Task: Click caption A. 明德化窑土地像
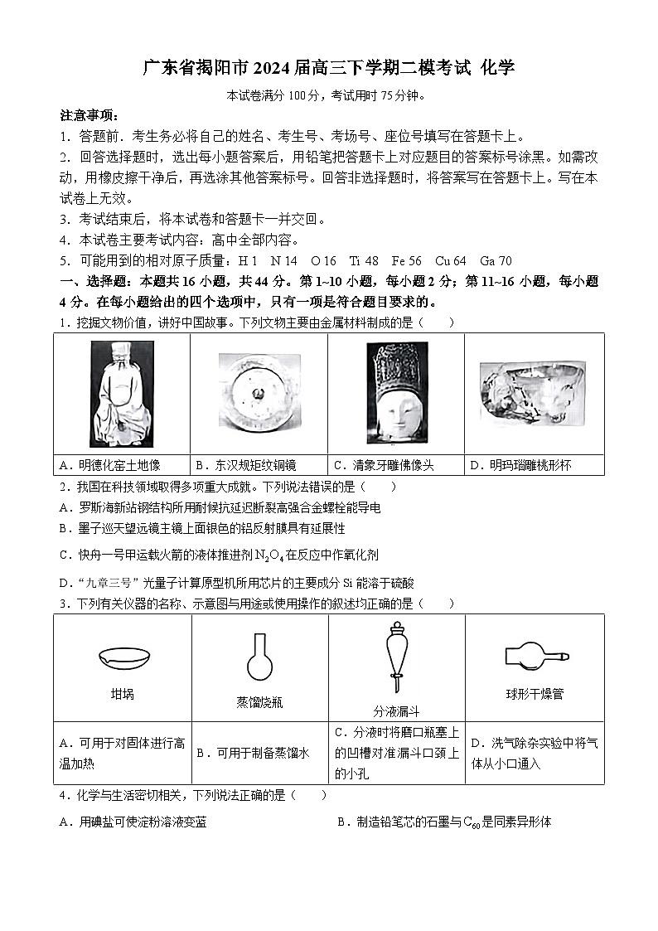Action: click(111, 465)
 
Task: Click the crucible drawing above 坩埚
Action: click(123, 658)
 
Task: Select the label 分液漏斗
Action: click(396, 711)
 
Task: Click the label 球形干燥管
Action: click(535, 694)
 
